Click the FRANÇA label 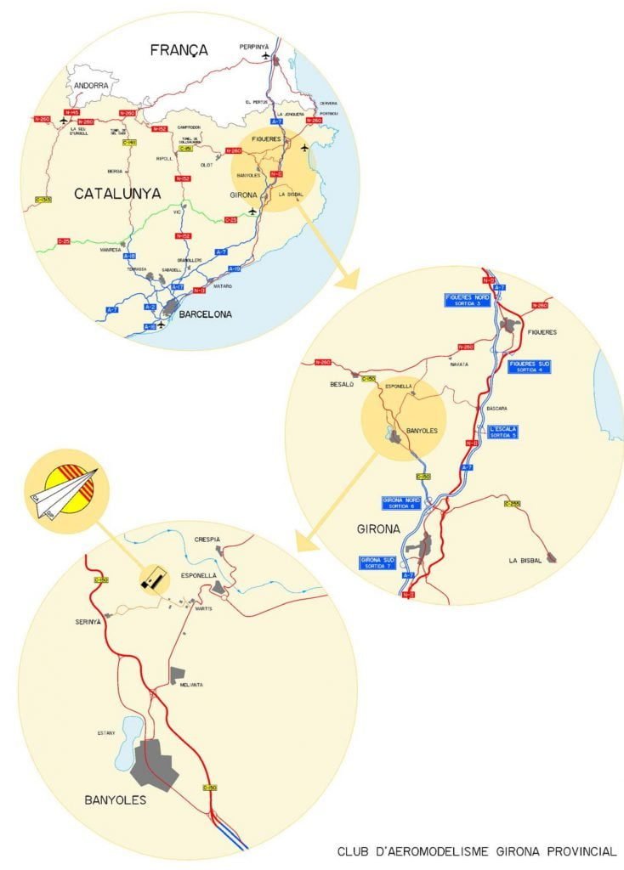click(x=179, y=50)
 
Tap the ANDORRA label click(x=92, y=86)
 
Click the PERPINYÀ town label click(x=254, y=46)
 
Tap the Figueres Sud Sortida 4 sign click(x=530, y=366)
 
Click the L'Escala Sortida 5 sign click(x=502, y=431)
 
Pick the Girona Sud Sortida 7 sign click(x=377, y=562)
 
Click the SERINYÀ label click(x=87, y=621)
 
